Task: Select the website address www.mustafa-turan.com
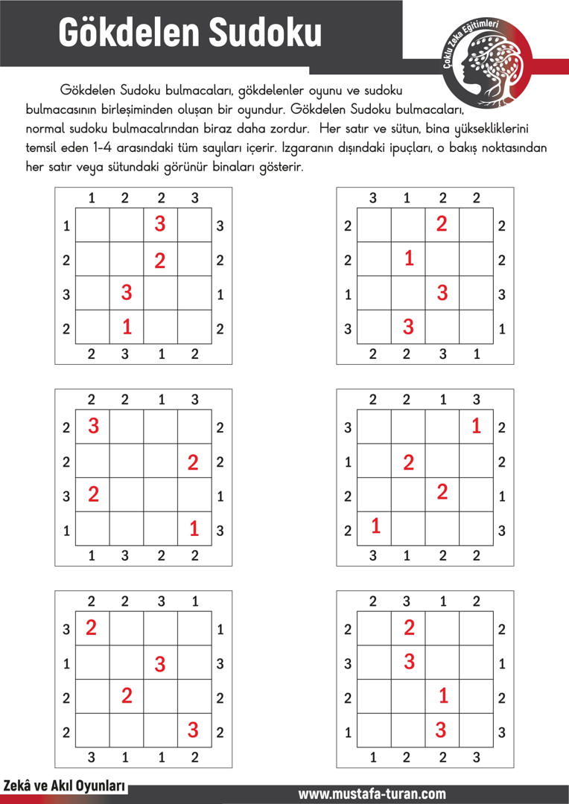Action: (x=372, y=794)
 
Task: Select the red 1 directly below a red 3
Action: (x=127, y=326)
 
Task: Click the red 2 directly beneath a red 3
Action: (x=160, y=261)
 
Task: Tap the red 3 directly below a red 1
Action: (x=441, y=730)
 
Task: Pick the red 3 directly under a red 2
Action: (x=409, y=660)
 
